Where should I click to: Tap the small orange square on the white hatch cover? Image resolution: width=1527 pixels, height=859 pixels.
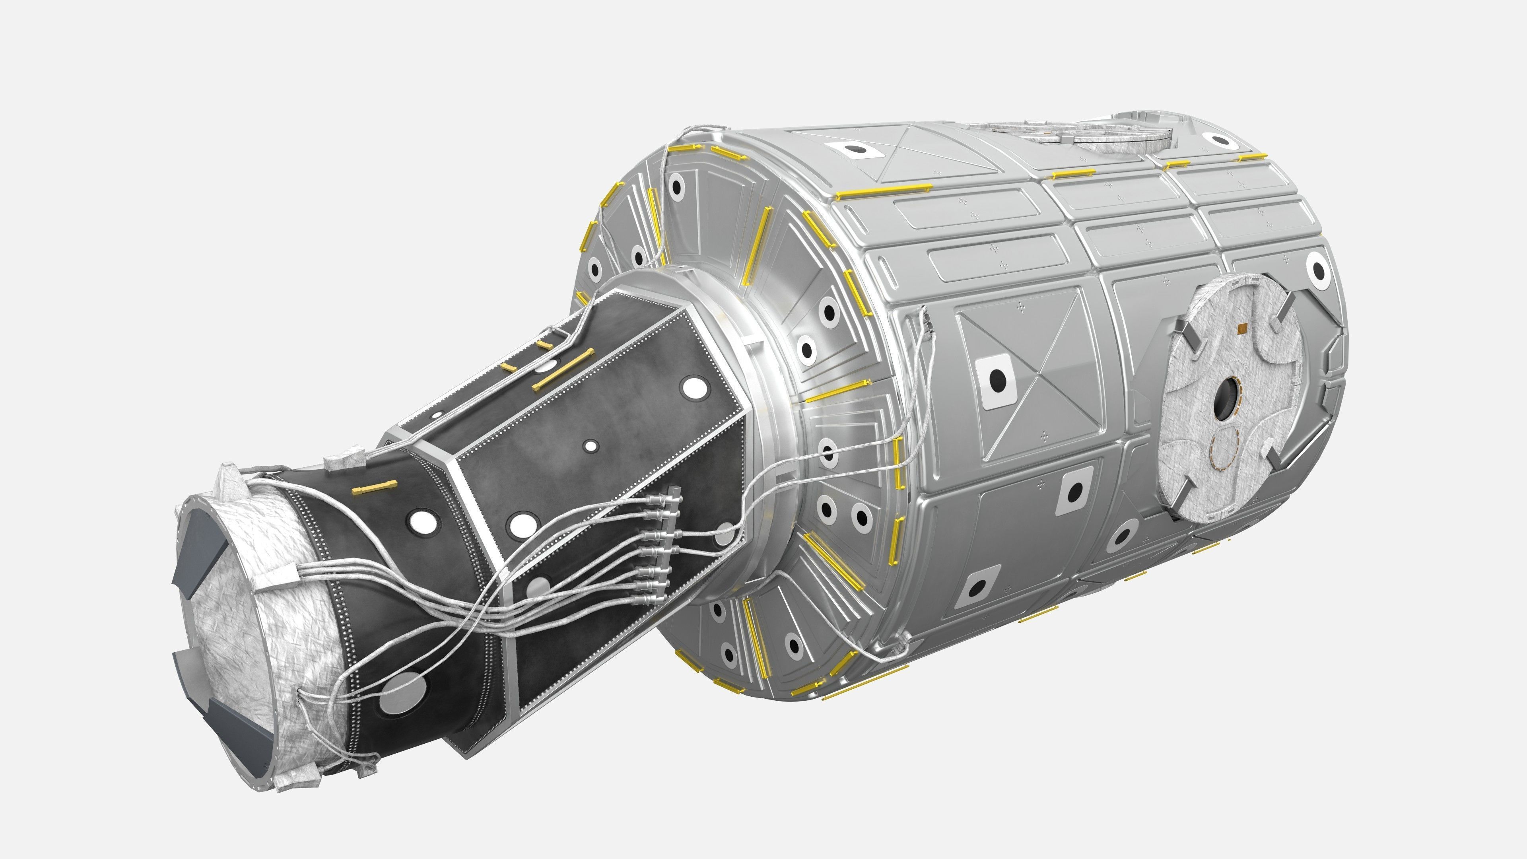1241,327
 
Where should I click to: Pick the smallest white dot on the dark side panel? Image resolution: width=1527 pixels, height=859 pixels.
591,446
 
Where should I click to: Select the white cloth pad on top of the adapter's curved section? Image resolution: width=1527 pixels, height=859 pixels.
345,459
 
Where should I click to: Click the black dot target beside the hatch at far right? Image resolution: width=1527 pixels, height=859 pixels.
1319,271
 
